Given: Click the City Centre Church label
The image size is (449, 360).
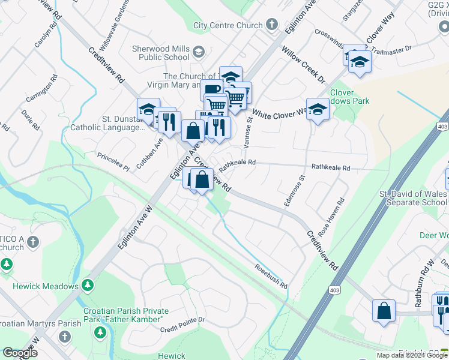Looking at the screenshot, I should click(x=228, y=25).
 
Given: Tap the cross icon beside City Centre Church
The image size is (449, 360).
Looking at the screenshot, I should click(x=271, y=25).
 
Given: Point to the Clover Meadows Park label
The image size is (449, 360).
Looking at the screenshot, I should click(x=350, y=97).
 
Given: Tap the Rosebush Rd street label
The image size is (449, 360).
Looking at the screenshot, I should click(x=270, y=277).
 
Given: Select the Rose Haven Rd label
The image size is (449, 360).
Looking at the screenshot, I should click(x=333, y=217).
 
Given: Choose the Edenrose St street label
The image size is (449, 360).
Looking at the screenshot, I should click(x=294, y=190).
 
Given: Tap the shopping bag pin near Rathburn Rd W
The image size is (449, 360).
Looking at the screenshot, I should click(x=383, y=311).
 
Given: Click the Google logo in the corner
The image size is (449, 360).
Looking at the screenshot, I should click(x=20, y=353).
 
